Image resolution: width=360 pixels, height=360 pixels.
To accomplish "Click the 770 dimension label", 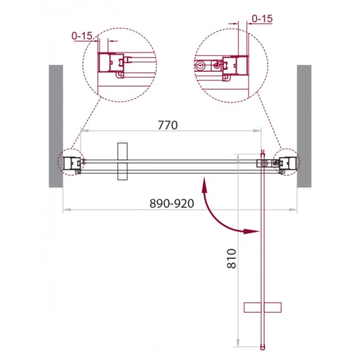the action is coord(168,125).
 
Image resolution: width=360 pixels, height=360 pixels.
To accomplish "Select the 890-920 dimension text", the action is coord(172,203).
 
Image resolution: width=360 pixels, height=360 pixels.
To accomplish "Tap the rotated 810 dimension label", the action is coord(231,259).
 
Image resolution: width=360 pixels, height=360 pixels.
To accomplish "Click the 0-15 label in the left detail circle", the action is coord(82,36).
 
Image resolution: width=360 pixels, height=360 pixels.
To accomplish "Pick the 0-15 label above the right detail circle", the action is coord(262,19).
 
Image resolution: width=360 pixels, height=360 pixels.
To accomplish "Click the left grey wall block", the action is coord(56,126).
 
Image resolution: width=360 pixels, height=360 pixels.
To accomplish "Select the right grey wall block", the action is coord(304,126).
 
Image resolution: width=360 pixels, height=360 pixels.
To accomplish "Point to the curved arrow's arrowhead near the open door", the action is coord(251,231).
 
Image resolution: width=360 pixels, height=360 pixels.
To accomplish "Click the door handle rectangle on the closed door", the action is coord(122,162).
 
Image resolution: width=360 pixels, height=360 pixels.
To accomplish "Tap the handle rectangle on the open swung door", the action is coord(262,307).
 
